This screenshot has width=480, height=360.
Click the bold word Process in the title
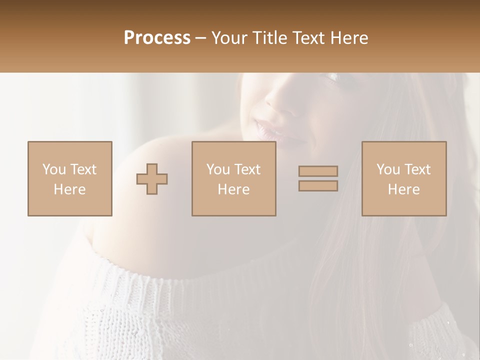157,37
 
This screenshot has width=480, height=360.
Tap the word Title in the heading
270,37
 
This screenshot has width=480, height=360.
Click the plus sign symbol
152,179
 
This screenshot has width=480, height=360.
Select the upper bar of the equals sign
318,171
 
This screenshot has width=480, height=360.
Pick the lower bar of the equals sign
318,186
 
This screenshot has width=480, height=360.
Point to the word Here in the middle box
233,189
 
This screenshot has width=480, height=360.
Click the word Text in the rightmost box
417,169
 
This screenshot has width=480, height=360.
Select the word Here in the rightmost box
404,189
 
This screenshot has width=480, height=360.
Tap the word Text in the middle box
247,169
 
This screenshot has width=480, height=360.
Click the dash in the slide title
201,38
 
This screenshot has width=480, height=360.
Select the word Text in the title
308,37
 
